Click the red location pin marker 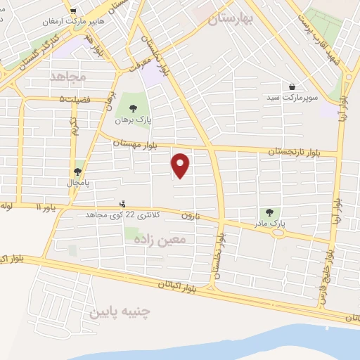tap(181, 165)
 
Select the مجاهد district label tap(67, 75)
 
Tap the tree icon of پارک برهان tap(134, 108)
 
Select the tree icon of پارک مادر tap(267, 212)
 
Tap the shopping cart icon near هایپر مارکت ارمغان tap(73, 11)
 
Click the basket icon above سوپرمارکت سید tap(291, 86)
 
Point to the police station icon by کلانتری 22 tap(124, 204)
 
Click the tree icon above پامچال tap(77, 172)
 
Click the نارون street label tap(191, 216)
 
